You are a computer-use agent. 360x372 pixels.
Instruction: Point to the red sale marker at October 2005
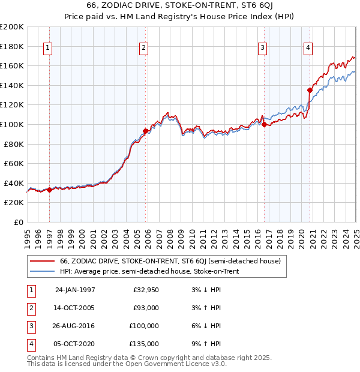[x=145, y=130]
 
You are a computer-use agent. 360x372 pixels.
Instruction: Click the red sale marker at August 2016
[x=265, y=124]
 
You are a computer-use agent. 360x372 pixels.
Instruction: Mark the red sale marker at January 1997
[x=50, y=190]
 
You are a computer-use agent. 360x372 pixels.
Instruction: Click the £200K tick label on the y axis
[x=12, y=27]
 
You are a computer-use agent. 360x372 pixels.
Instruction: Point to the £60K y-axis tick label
[x=14, y=163]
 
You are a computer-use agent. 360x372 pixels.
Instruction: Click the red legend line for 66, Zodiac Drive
[x=43, y=262]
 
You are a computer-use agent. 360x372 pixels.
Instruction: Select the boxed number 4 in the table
[x=30, y=344]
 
